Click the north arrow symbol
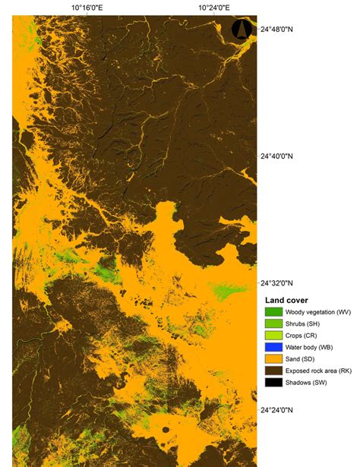point(242,30)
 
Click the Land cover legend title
point(286,300)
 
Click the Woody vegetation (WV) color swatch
point(273,311)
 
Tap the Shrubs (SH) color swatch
point(273,323)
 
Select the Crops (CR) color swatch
point(273,335)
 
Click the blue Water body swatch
point(273,347)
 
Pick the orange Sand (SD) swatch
point(273,358)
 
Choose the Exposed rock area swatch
point(273,371)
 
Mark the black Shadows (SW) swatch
point(273,382)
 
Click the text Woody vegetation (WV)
point(318,311)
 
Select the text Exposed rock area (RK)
point(318,371)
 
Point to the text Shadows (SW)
point(307,382)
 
